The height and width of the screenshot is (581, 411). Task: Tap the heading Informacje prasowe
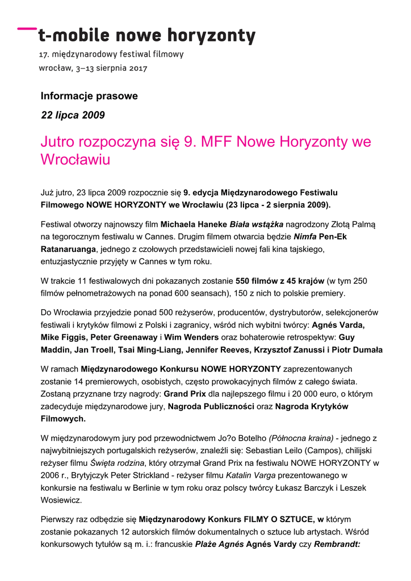(89, 96)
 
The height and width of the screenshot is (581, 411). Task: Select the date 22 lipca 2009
(73, 115)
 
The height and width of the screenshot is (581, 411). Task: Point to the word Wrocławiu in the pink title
(75, 159)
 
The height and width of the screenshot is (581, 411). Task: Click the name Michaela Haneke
(194, 225)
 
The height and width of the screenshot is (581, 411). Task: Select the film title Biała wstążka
(256, 225)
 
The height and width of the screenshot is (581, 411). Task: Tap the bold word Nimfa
(305, 237)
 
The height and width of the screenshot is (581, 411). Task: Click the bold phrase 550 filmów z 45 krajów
(280, 281)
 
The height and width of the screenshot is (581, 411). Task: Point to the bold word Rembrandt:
(333, 544)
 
